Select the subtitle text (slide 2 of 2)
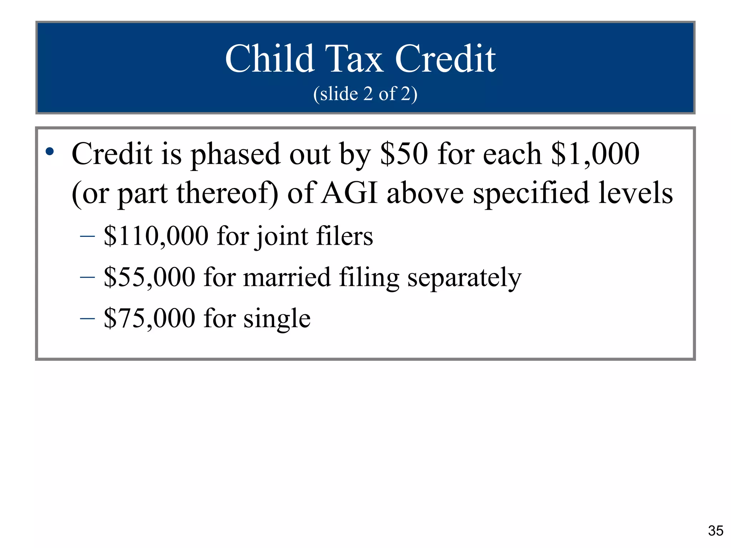(365, 94)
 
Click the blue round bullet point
(50, 152)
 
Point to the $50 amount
(404, 154)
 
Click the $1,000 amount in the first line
(595, 154)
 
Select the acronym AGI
(349, 193)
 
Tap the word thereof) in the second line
(227, 193)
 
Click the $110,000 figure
(156, 236)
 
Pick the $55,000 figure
(150, 277)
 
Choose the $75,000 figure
(150, 318)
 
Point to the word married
(287, 277)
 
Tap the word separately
(464, 278)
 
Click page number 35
(716, 531)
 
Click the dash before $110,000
(87, 236)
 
